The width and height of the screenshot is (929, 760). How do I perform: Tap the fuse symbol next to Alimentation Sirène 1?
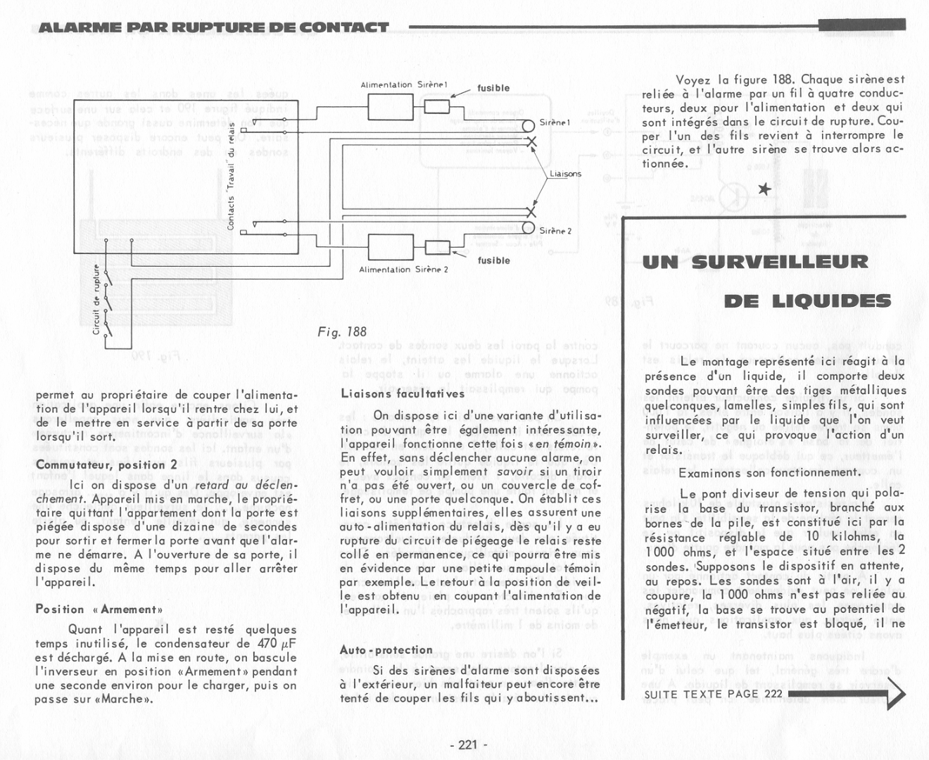(437, 106)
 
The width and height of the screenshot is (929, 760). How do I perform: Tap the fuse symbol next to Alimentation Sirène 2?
(438, 247)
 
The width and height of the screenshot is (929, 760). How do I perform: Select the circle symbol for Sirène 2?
(529, 227)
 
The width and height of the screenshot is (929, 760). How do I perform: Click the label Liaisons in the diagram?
(565, 174)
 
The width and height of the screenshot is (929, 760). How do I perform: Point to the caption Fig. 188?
(342, 332)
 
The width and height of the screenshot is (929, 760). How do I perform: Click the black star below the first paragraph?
(764, 189)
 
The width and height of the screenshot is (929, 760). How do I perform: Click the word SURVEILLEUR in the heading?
(780, 262)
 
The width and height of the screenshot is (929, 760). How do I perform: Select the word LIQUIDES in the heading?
(807, 301)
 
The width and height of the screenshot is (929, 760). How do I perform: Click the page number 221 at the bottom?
(468, 745)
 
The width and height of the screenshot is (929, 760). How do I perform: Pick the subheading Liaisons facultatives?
(391, 394)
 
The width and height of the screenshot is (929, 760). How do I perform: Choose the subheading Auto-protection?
(386, 650)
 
